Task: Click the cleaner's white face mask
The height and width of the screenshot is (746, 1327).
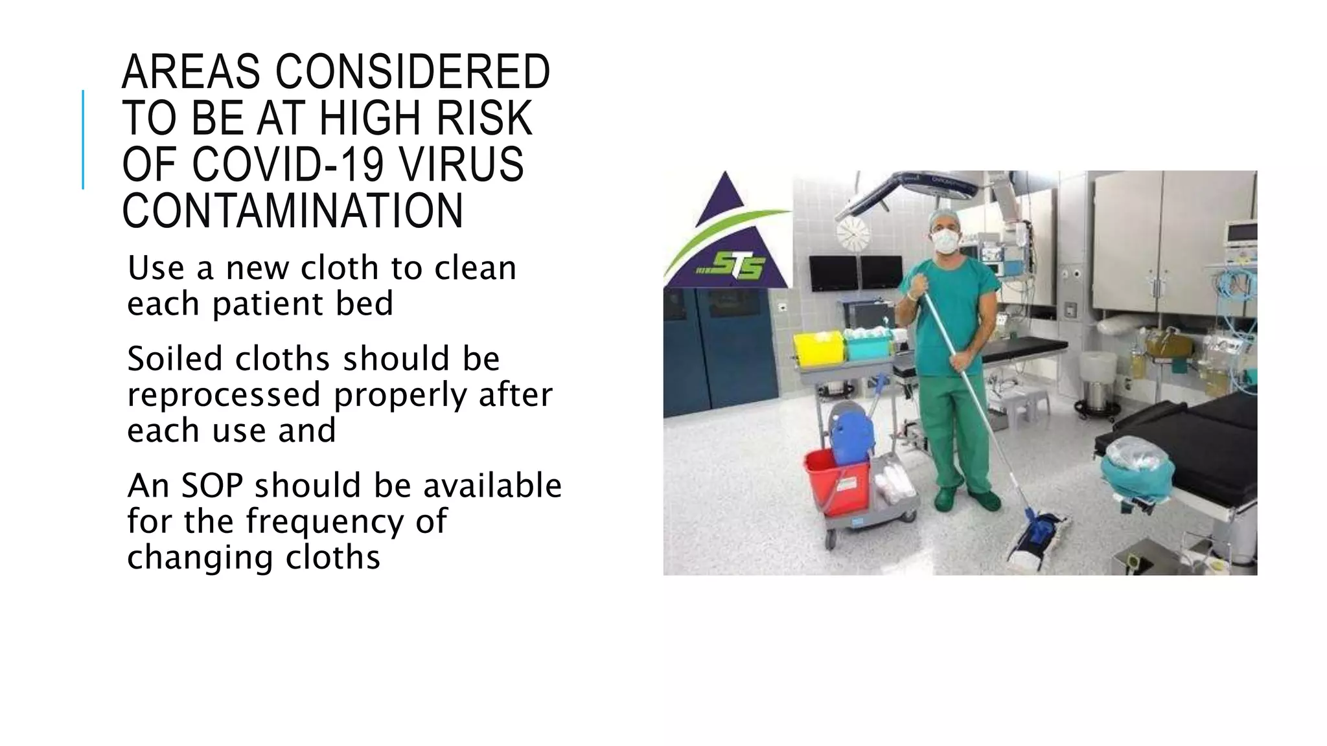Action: (945, 242)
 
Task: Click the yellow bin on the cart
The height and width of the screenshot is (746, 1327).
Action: (818, 348)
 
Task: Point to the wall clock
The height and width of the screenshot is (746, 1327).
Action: (852, 232)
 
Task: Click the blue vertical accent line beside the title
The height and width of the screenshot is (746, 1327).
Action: (83, 139)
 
